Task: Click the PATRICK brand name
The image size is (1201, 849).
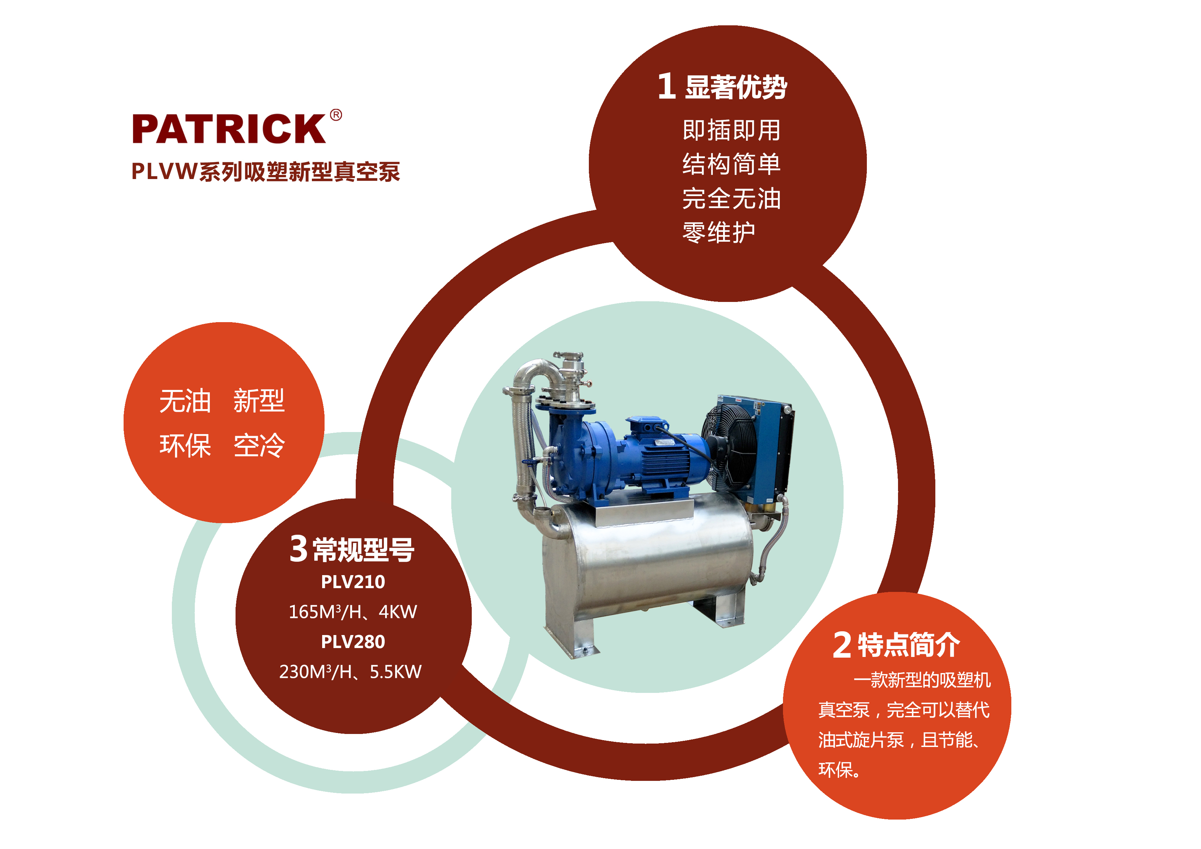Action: [x=229, y=129]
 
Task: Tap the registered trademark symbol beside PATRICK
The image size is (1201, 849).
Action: [x=336, y=115]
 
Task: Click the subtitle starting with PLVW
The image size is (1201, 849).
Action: [x=266, y=172]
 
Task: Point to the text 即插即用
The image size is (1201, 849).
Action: [x=731, y=130]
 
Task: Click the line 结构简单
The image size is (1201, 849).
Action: [x=731, y=164]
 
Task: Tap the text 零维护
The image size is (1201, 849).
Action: [x=719, y=232]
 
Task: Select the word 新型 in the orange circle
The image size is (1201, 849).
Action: [x=259, y=401]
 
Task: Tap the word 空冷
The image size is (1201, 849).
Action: [x=259, y=446]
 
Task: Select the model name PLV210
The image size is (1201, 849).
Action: [x=353, y=582]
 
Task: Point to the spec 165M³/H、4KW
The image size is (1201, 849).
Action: [x=353, y=611]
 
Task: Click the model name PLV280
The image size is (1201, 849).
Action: [x=353, y=642]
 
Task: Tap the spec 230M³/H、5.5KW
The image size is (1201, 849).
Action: [x=351, y=672]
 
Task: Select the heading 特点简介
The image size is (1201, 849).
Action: [x=909, y=645]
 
